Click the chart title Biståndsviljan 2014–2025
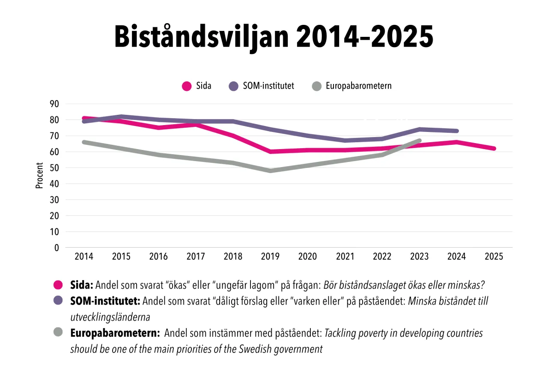274,38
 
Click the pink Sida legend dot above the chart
187,86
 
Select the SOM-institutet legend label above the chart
268,86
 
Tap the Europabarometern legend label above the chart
358,86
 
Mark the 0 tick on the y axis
57,248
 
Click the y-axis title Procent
39,175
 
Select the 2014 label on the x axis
84,257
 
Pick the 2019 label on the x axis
270,257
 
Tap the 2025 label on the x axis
494,257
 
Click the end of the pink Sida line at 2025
494,149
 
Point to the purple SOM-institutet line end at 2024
456,131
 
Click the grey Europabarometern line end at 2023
419,141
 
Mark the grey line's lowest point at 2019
271,171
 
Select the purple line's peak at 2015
121,117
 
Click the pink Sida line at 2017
196,125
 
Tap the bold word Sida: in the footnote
82,285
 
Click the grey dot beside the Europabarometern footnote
58,332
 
